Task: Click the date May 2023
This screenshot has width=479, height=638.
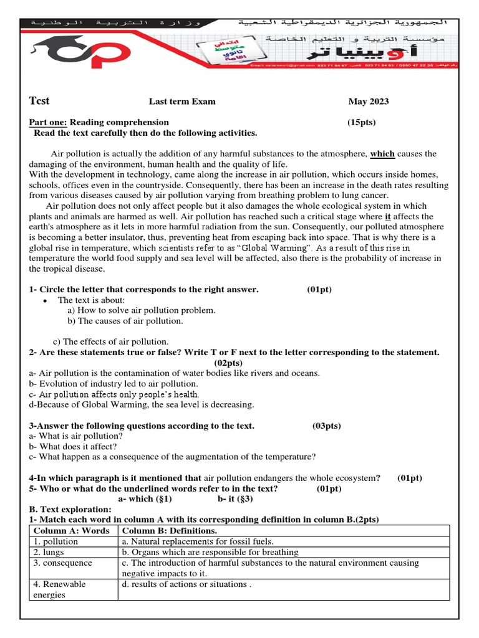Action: click(368, 102)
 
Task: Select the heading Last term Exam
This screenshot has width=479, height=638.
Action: click(181, 102)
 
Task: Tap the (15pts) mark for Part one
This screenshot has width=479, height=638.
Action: click(361, 122)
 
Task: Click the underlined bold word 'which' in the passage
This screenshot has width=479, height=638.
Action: click(382, 154)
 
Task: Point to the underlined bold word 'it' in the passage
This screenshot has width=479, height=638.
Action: click(388, 216)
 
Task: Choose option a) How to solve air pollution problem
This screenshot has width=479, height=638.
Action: click(141, 310)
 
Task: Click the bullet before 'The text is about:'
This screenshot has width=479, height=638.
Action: click(46, 300)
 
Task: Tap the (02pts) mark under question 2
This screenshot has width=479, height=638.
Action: click(228, 363)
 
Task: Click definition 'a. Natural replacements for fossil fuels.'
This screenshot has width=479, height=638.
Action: click(198, 541)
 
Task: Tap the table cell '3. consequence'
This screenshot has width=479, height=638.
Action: click(62, 563)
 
